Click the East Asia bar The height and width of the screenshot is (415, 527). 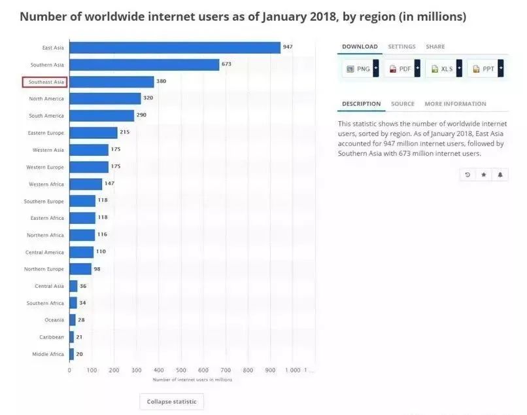(x=175, y=48)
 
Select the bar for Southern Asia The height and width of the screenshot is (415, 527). (x=144, y=65)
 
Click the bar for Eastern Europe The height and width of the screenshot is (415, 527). (x=93, y=133)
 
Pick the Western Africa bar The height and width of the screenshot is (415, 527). (x=86, y=184)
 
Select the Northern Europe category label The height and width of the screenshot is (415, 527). (x=44, y=269)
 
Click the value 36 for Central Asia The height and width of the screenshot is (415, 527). (x=83, y=286)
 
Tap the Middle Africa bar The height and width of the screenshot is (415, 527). (x=71, y=354)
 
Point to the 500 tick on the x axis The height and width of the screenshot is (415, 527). (x=181, y=370)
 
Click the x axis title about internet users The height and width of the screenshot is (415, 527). (x=192, y=380)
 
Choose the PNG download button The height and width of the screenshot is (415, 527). (x=358, y=69)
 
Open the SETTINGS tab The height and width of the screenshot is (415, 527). (x=401, y=47)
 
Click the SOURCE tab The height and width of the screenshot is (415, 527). (x=403, y=104)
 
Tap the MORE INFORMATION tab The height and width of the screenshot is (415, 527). (x=455, y=104)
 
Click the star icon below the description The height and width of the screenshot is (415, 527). (x=484, y=175)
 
